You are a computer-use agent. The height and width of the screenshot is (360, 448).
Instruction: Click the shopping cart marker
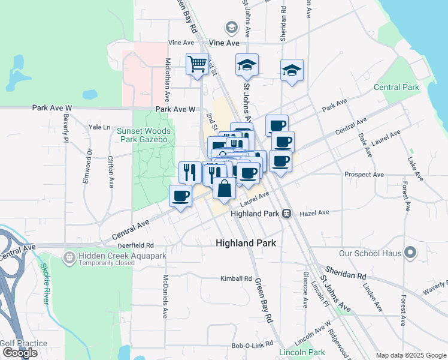[197, 64]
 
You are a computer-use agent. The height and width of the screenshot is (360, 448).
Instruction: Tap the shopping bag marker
[224, 188]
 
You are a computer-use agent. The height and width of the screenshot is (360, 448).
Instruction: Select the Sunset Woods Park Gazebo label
[144, 135]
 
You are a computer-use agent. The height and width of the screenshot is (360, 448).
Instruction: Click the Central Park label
[396, 87]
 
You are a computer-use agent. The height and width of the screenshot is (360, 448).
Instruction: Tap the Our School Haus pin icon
[410, 253]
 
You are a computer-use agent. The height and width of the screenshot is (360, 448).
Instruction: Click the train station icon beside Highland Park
[287, 214]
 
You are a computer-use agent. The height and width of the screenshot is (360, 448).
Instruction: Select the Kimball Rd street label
[236, 278]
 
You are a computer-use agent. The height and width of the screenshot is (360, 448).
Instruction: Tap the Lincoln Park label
[302, 352]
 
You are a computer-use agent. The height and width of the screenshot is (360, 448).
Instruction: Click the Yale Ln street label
[99, 127]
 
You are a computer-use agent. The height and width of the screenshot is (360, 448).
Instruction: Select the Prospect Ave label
[364, 175]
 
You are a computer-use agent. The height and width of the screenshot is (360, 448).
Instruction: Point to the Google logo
[20, 353]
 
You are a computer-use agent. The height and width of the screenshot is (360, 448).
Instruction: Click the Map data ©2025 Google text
[410, 355]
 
